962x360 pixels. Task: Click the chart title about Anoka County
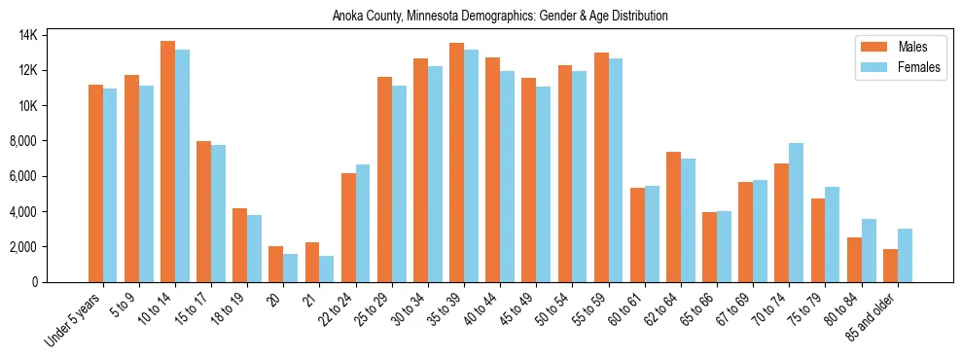[x=500, y=17]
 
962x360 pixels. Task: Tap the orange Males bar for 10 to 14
[x=167, y=162]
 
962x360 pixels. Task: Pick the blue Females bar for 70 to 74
[x=796, y=212]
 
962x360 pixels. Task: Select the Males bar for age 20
[x=275, y=264]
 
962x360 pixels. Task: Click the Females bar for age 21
[x=326, y=269]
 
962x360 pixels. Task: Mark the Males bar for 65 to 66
[x=709, y=246]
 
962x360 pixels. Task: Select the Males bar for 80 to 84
[x=853, y=259]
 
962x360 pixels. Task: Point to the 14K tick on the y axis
[x=53, y=35]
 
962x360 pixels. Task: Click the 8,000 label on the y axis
[x=49, y=141]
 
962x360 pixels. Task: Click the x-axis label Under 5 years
[x=76, y=320]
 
